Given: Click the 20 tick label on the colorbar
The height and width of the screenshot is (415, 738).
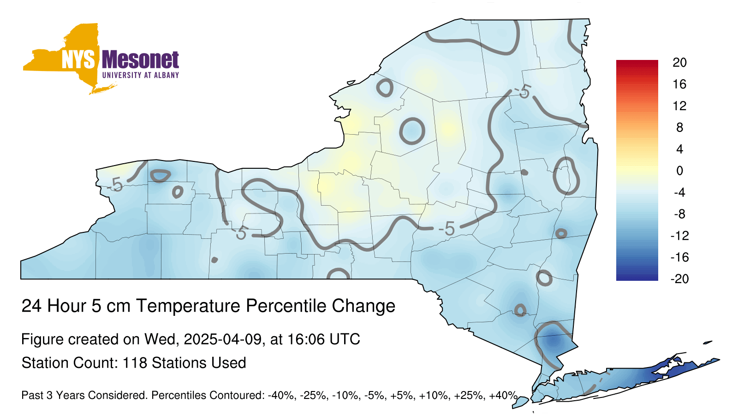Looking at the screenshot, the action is coord(680,62).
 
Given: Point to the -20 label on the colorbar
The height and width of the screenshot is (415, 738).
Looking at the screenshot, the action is coord(680,279).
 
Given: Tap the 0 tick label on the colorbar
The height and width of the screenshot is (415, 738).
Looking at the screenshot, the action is coord(680,171).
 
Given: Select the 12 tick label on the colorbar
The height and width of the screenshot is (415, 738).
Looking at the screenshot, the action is coord(680,106).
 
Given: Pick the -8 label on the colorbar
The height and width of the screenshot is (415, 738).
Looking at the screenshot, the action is coord(680,214).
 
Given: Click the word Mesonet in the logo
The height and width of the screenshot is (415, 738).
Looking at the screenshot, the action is coord(140,60).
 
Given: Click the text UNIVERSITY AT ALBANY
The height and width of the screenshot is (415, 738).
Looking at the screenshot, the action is coord(141,75).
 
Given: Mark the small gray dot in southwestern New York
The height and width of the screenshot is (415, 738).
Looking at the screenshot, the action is coord(214,260).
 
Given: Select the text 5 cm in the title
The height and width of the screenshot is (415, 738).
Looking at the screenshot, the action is coord(111,306).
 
